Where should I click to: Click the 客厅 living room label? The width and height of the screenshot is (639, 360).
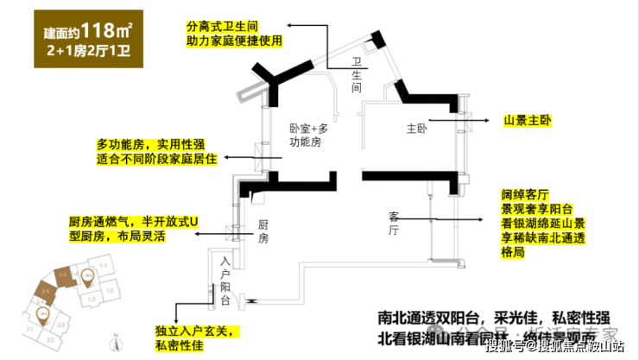tap(394, 223)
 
